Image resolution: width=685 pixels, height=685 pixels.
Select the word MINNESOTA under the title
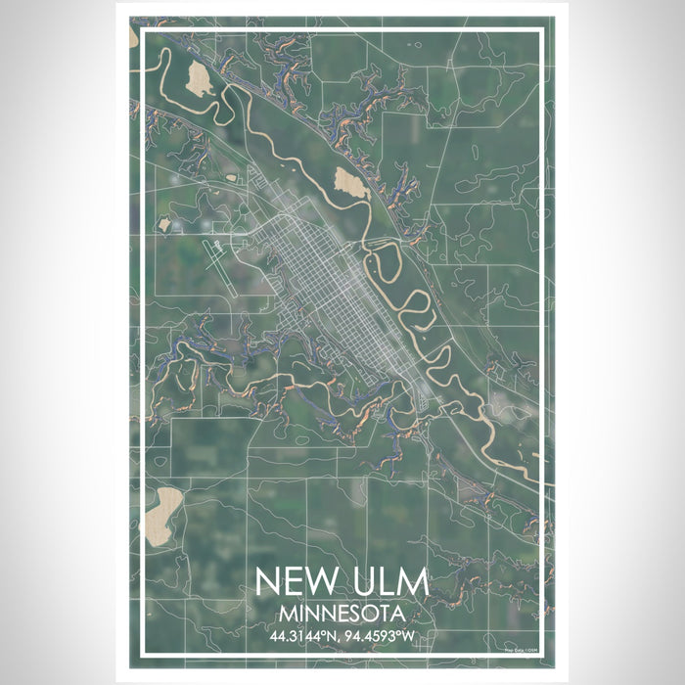(x=342, y=615)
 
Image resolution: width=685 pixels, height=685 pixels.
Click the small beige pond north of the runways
(x=164, y=224)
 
